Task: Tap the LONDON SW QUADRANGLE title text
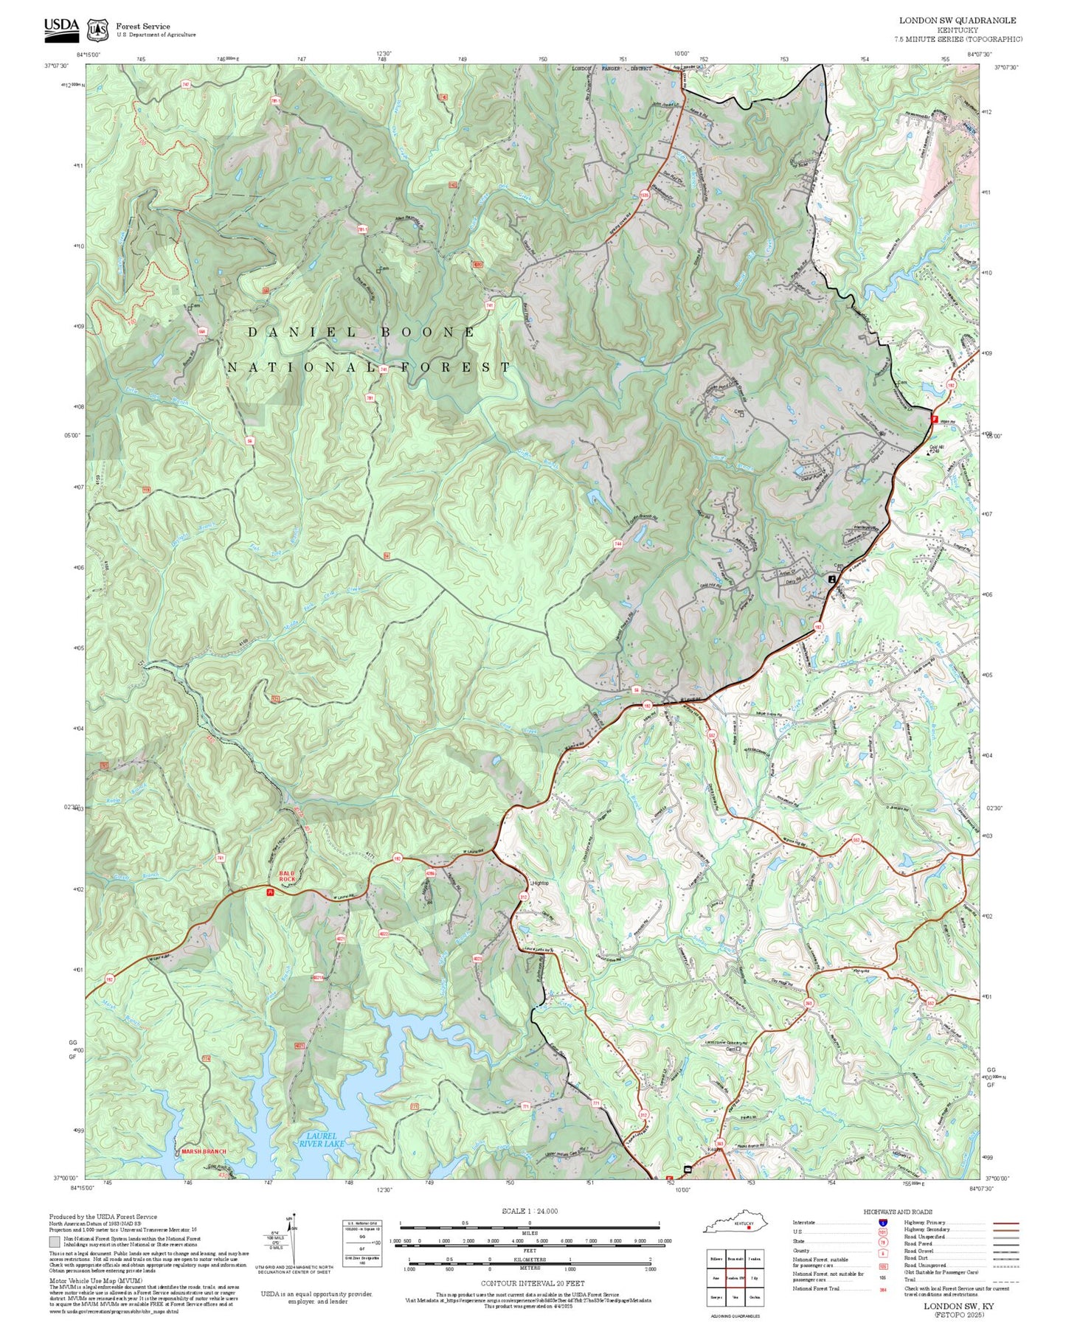(x=957, y=21)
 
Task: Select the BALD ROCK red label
(x=287, y=877)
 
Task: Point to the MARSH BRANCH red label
(x=204, y=1151)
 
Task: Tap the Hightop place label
(x=540, y=883)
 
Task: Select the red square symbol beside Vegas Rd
(x=935, y=418)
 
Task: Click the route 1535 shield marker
(x=644, y=195)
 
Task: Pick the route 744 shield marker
(x=617, y=544)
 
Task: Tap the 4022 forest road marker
(x=384, y=934)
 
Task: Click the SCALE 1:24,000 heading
(x=529, y=1211)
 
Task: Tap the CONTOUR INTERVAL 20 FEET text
(x=529, y=1283)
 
